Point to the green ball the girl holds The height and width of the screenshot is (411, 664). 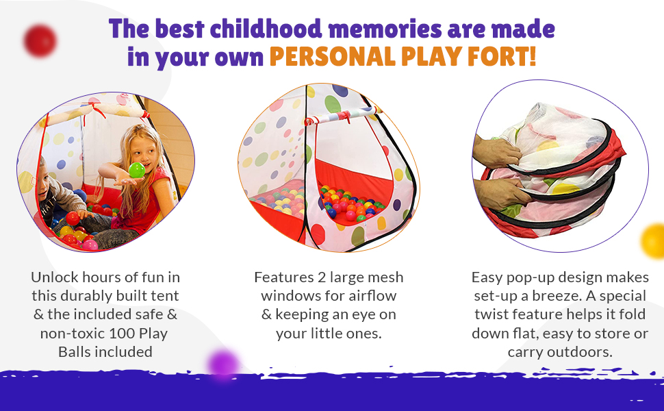137,170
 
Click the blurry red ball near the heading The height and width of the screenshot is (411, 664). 40,40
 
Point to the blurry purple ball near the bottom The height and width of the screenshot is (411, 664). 223,363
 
